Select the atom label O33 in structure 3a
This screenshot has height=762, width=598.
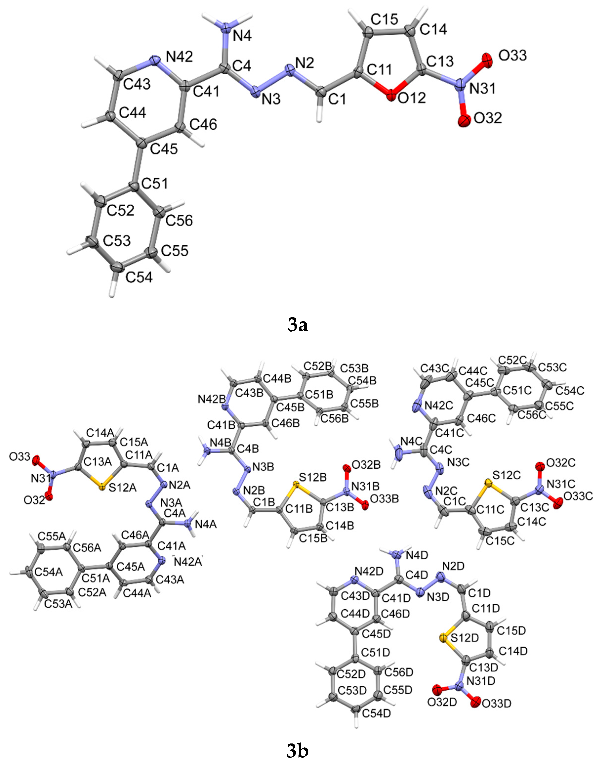512,55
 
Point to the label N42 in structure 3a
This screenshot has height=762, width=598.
179,56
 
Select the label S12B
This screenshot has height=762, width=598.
313,477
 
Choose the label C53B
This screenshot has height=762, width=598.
354,368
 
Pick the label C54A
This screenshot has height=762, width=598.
49,572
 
